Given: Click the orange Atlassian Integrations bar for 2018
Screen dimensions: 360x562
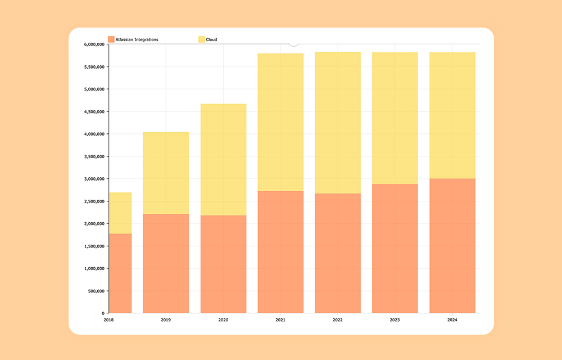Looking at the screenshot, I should [120, 273].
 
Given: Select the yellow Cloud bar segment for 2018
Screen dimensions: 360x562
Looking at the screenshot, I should [120, 213].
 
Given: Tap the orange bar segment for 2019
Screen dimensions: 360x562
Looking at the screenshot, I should [166, 263].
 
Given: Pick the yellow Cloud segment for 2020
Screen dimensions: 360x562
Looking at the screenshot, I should [223, 159].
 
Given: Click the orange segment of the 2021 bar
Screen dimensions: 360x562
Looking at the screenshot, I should [280, 252].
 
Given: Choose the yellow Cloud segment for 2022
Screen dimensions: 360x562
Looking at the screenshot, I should [338, 123].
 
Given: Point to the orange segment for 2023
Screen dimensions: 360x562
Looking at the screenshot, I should [395, 248].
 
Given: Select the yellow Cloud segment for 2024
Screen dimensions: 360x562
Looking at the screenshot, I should [452, 115].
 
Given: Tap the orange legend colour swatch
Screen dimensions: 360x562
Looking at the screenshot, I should [111, 39].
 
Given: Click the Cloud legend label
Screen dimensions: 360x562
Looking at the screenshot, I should [211, 39].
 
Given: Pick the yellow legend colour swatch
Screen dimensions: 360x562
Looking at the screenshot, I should [201, 39].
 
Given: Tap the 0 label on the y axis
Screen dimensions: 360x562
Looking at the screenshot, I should [103, 313].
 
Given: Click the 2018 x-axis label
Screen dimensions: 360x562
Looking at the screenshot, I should [108, 320].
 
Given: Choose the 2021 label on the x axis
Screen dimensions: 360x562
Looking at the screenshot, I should [280, 320].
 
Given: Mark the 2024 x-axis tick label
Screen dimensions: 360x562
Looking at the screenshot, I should [452, 320].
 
